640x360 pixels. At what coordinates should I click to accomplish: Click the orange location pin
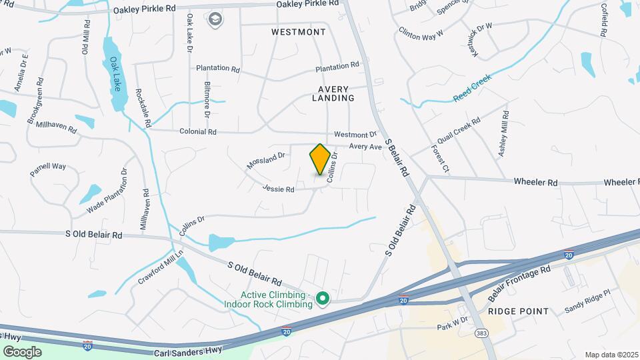point(320,159)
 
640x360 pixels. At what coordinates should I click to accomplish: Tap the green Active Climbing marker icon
point(323,298)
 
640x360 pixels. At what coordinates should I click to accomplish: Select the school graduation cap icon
point(215,20)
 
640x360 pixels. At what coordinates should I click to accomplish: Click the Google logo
point(22,351)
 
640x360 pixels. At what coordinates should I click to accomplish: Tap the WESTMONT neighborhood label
point(299,32)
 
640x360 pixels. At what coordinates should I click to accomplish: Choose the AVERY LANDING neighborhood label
point(333,93)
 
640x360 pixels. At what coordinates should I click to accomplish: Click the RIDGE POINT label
point(518,311)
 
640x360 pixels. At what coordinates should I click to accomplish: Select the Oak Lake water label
point(117,75)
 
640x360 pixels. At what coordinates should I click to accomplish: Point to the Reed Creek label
point(472,88)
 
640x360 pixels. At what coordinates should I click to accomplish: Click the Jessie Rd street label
point(279,189)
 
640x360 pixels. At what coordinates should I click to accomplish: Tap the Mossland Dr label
point(265,160)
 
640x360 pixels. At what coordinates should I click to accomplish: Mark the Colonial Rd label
point(198,132)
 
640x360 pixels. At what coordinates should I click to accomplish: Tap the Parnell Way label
point(48,169)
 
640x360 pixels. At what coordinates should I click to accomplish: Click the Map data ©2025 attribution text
point(611,355)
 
